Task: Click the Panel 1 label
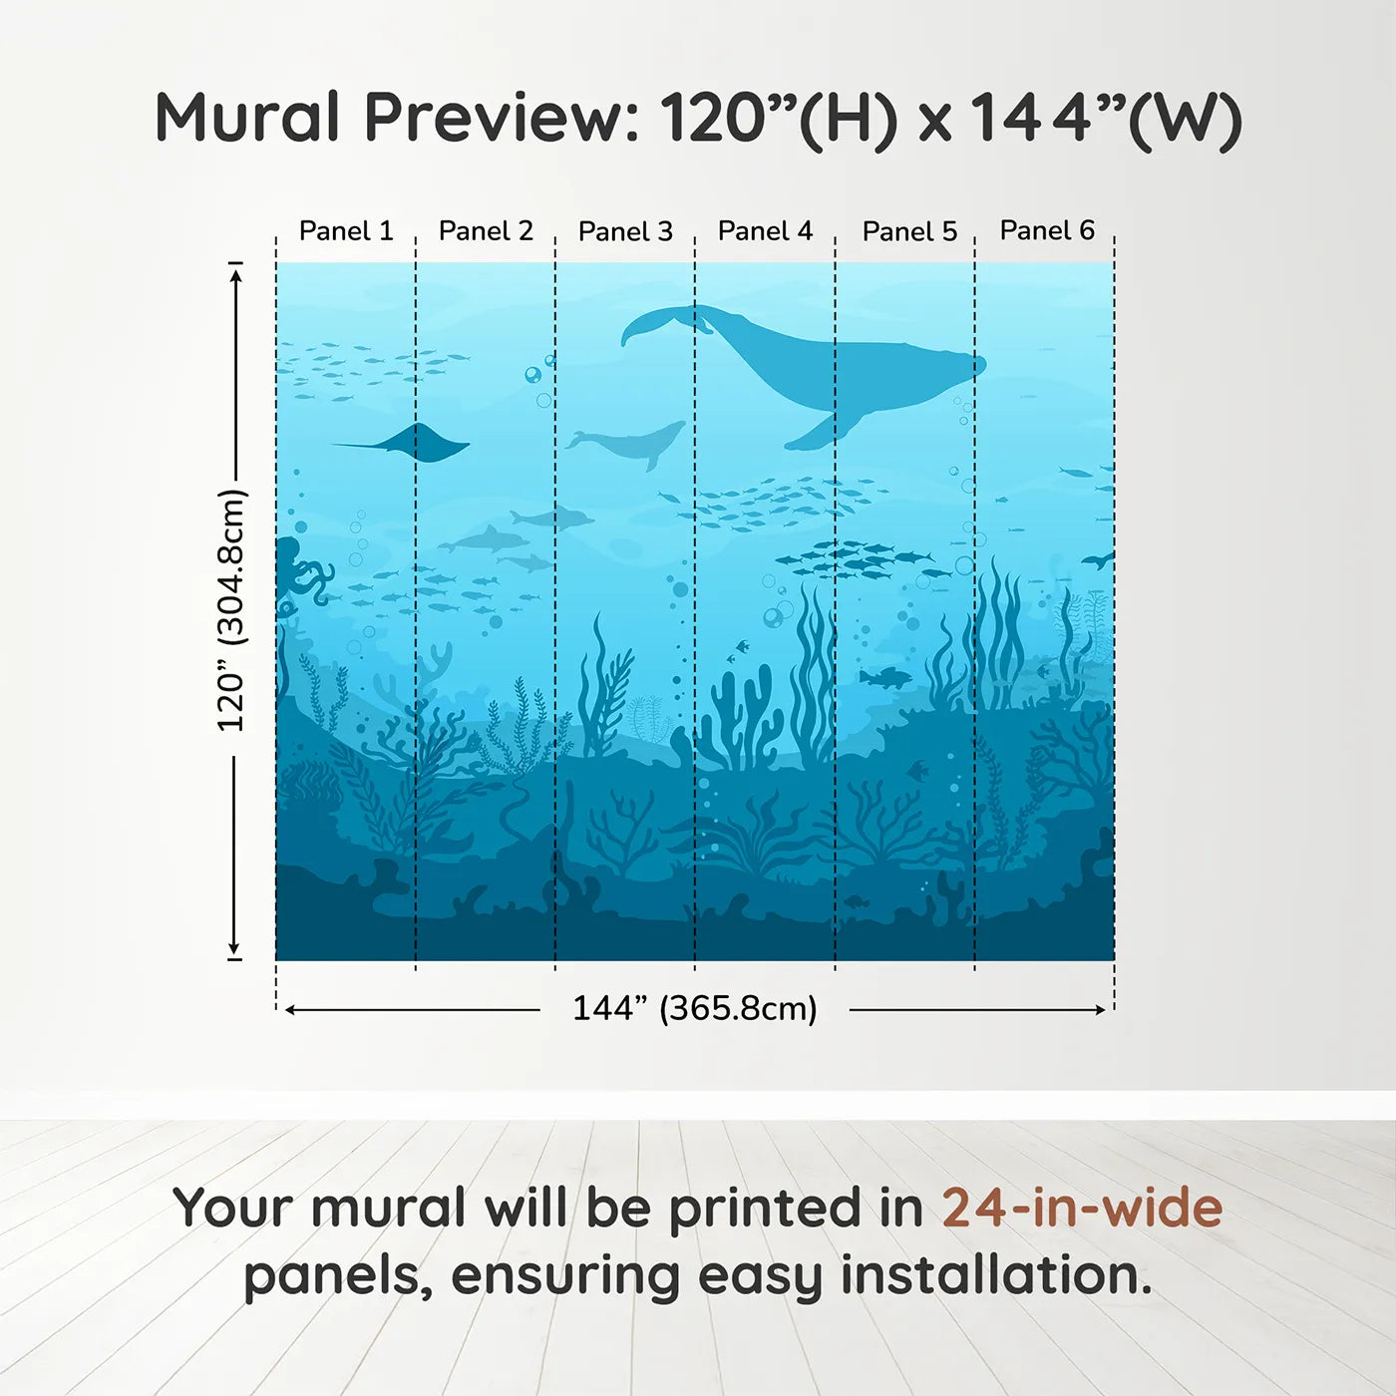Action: [x=346, y=231]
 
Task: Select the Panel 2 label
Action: [x=486, y=231]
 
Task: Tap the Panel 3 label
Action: [x=625, y=231]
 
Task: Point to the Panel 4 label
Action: [x=765, y=231]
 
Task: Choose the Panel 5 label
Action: [x=909, y=231]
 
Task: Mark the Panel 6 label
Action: [x=1047, y=231]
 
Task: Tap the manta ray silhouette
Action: [x=419, y=443]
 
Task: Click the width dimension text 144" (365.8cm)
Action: [x=694, y=1008]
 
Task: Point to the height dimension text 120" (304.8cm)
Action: [x=231, y=610]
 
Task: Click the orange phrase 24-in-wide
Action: [x=1082, y=1209]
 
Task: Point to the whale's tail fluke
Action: [x=658, y=323]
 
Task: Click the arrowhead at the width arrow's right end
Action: [x=1100, y=1010]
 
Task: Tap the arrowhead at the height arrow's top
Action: [x=235, y=274]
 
